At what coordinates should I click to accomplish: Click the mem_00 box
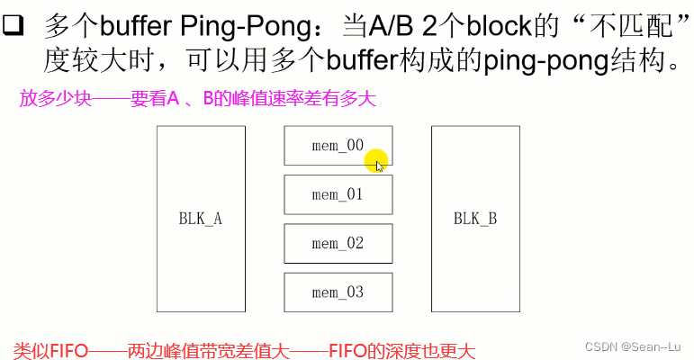pyautogui.click(x=338, y=146)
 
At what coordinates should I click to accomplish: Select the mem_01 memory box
pyautogui.click(x=338, y=194)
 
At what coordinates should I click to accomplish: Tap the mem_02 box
pyautogui.click(x=338, y=243)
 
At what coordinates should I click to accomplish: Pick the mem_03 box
pyautogui.click(x=338, y=292)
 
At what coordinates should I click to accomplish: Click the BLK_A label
pyautogui.click(x=201, y=219)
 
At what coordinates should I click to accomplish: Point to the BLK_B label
pyautogui.click(x=475, y=219)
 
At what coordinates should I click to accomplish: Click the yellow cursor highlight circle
pyautogui.click(x=376, y=160)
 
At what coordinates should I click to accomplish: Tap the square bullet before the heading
pyautogui.click(x=13, y=26)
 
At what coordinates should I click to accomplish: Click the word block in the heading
pyautogui.click(x=490, y=26)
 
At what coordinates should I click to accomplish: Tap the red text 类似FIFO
pyautogui.click(x=50, y=348)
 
